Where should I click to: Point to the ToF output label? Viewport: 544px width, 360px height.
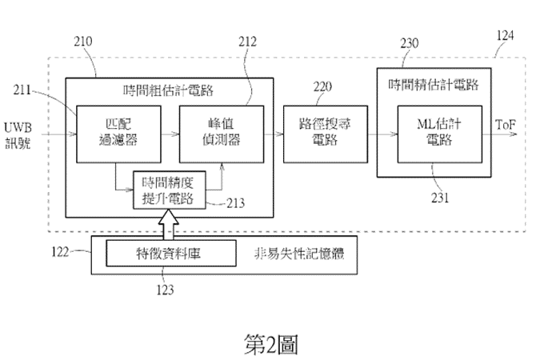(506, 126)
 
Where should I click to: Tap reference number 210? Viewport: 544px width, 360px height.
(83, 40)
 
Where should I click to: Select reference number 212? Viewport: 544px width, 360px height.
(248, 40)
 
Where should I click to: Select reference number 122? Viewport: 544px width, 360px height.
(61, 254)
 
